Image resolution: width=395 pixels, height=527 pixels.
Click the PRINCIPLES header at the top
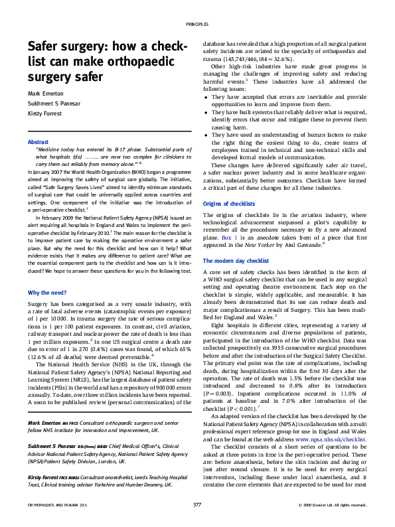click(x=197, y=24)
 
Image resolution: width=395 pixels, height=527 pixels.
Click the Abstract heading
click(x=38, y=143)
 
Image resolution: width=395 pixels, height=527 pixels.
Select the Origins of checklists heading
click(x=230, y=203)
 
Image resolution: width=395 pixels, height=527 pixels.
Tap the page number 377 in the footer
click(x=197, y=505)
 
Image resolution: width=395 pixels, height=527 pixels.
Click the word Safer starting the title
click(x=44, y=47)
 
